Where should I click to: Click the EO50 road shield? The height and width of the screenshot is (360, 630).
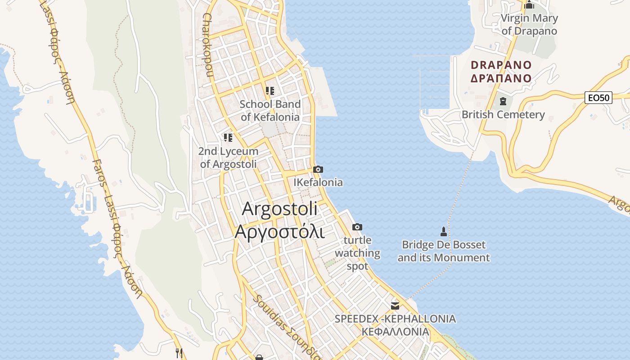pyautogui.click(x=598, y=97)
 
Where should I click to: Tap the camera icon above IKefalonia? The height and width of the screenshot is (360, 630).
pyautogui.click(x=318, y=170)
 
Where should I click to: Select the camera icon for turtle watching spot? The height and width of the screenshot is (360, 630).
pyautogui.click(x=357, y=227)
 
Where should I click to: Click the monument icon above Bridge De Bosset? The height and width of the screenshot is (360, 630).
pyautogui.click(x=443, y=232)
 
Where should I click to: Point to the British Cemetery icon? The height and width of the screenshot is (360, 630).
pyautogui.click(x=503, y=101)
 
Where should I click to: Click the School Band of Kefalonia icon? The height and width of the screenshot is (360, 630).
pyautogui.click(x=270, y=91)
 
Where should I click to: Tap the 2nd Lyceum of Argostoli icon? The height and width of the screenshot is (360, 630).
pyautogui.click(x=228, y=138)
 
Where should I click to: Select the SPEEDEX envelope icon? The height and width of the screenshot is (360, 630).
pyautogui.click(x=395, y=306)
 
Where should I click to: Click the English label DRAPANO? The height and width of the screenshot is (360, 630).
pyautogui.click(x=501, y=65)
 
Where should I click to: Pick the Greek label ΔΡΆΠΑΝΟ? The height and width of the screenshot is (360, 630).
pyautogui.click(x=501, y=78)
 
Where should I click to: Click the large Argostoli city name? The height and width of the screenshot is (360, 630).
pyautogui.click(x=280, y=209)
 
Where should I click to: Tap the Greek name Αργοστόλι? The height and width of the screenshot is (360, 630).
pyautogui.click(x=279, y=231)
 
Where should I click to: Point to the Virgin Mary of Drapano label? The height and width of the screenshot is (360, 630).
pyautogui.click(x=529, y=25)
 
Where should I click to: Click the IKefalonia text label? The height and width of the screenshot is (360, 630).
pyautogui.click(x=318, y=182)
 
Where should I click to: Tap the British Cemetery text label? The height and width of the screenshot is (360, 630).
pyautogui.click(x=503, y=115)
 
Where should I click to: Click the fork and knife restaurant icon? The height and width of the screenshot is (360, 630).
pyautogui.click(x=179, y=352)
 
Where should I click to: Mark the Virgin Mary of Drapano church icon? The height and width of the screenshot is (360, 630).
pyautogui.click(x=529, y=5)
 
